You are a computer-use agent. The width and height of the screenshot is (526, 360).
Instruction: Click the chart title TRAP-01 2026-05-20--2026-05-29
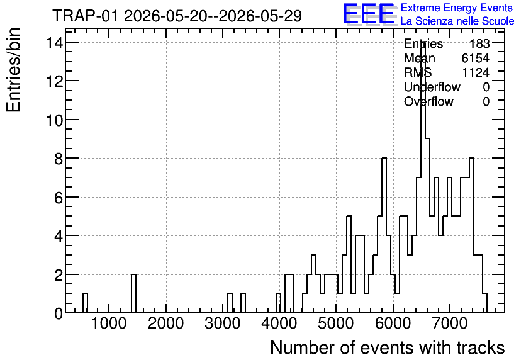(177, 16)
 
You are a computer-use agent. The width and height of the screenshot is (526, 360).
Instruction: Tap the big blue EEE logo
(369, 14)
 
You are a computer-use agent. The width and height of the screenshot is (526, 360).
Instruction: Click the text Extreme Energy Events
(457, 8)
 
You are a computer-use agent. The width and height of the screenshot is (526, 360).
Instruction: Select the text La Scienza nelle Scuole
(457, 21)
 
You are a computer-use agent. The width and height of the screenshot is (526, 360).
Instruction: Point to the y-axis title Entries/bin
(14, 70)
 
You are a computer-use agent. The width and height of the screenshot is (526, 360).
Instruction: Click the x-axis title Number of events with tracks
(388, 347)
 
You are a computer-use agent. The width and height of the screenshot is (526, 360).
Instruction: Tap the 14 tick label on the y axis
(55, 43)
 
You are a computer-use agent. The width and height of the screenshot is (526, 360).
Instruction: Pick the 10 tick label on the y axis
(55, 120)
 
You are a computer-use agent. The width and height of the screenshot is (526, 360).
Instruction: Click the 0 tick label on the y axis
(59, 313)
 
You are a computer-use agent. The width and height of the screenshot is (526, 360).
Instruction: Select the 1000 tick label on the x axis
(109, 323)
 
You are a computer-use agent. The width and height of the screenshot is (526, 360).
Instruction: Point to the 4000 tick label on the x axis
(279, 323)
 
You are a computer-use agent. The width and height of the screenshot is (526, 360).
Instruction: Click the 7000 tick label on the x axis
(449, 323)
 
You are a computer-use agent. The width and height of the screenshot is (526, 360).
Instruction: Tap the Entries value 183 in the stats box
(479, 43)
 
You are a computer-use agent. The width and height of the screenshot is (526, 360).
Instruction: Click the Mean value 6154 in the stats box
(475, 58)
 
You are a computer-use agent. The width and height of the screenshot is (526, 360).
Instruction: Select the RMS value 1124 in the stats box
(476, 72)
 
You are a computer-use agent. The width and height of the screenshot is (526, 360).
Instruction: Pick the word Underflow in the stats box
(432, 87)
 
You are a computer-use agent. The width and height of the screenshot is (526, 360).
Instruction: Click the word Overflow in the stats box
(428, 101)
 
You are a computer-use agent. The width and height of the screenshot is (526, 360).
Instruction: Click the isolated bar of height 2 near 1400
(133, 293)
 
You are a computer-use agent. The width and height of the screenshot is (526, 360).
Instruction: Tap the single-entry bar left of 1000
(85, 303)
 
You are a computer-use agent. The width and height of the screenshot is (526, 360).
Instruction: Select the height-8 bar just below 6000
(384, 235)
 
